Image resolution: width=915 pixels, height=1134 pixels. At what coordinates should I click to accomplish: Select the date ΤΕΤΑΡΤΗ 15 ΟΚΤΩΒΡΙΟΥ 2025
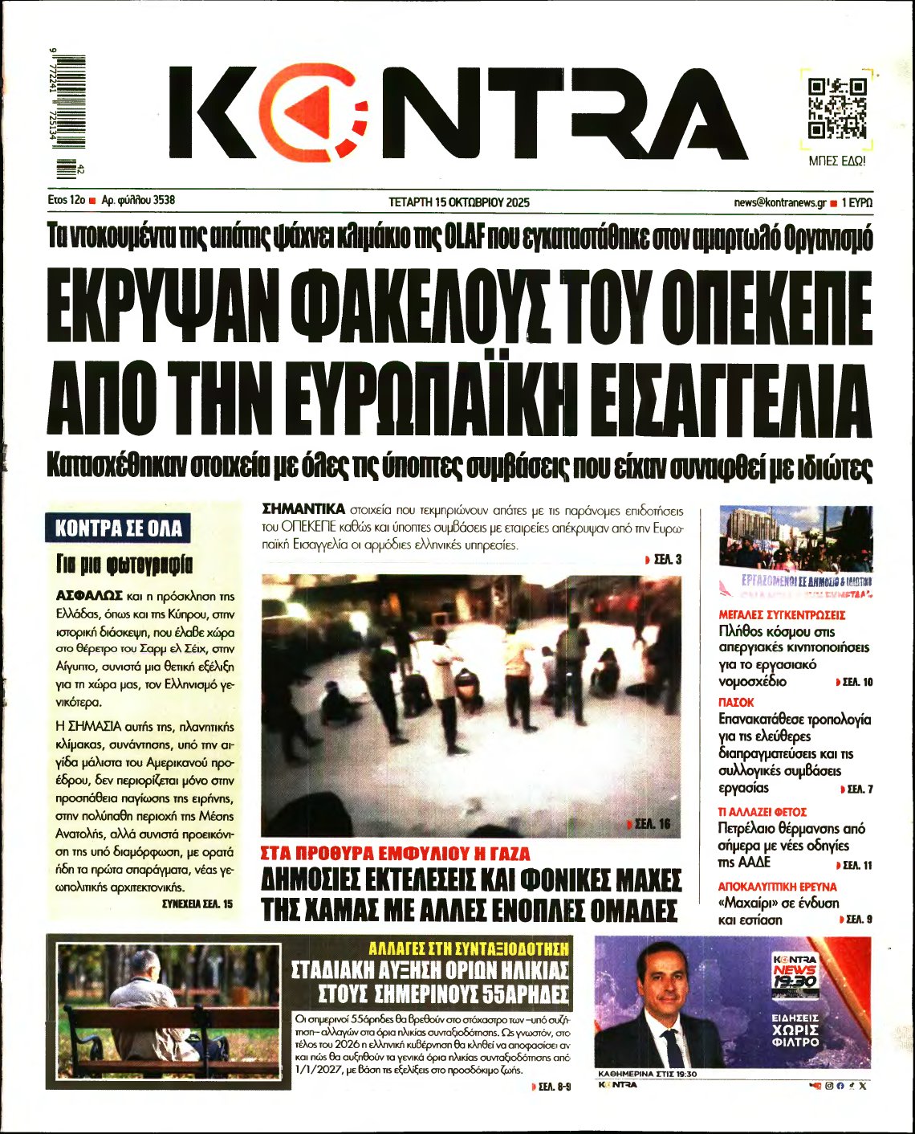458,202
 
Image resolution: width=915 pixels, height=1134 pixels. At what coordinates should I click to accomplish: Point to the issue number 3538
162,201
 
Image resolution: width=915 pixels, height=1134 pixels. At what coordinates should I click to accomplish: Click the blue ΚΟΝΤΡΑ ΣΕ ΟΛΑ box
119,528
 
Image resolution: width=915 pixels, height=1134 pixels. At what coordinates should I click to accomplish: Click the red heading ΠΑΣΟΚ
736,702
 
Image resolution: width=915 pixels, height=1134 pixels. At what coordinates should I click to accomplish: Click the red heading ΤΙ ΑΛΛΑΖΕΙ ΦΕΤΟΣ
762,812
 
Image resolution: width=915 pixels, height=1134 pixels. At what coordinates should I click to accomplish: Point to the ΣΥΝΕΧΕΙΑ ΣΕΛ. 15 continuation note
197,904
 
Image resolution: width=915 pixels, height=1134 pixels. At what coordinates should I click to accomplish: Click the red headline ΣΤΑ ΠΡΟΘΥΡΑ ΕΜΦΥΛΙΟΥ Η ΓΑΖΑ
396,853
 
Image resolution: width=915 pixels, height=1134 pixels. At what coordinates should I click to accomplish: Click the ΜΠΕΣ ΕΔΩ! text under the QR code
836,161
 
